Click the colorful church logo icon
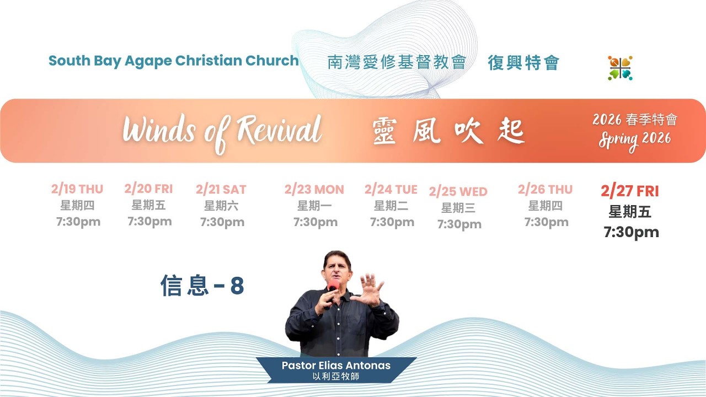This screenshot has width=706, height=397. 620,68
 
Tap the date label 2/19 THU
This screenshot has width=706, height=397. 77,189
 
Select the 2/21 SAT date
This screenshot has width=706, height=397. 221,189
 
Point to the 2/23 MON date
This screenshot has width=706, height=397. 314,189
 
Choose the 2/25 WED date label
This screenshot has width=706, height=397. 458,191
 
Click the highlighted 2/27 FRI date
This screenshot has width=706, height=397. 630,191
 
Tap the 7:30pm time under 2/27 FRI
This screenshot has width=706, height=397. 632,233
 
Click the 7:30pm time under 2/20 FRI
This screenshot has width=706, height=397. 149,222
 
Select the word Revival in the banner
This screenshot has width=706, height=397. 279,130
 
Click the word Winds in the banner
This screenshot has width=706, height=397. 159,130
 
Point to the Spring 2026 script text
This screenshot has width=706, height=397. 635,141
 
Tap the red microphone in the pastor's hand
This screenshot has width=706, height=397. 333,287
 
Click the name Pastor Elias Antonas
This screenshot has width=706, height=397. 336,366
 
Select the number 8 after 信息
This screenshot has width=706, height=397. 237,286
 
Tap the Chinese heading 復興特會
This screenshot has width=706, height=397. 523,62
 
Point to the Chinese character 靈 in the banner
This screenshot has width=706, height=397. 384,131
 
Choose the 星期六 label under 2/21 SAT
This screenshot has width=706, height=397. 221,206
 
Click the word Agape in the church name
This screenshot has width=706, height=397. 148,61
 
